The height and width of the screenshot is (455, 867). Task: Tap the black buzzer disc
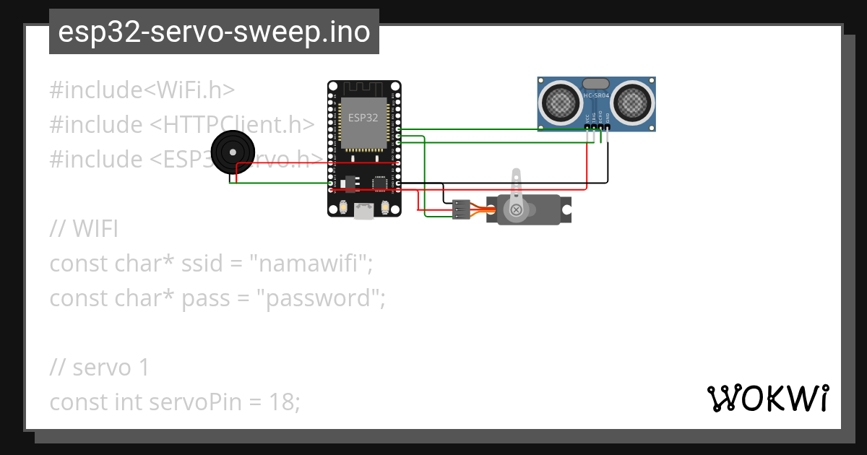(232, 152)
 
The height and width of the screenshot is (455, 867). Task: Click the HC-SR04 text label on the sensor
(597, 95)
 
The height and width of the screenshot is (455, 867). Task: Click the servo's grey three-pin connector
(460, 209)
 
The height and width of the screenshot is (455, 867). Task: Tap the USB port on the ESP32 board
(363, 211)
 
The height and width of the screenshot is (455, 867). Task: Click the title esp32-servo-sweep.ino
(214, 32)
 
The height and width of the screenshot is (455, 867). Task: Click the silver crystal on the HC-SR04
(596, 84)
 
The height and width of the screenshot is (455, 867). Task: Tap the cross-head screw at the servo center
(517, 209)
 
